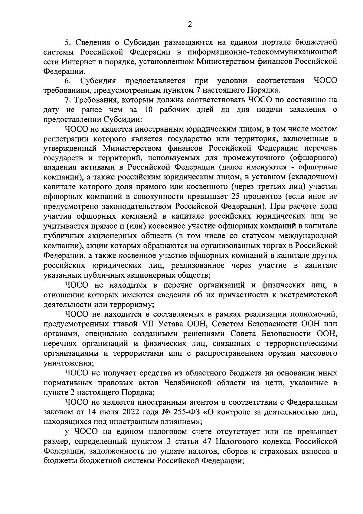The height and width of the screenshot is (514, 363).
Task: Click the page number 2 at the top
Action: click(x=190, y=25)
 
